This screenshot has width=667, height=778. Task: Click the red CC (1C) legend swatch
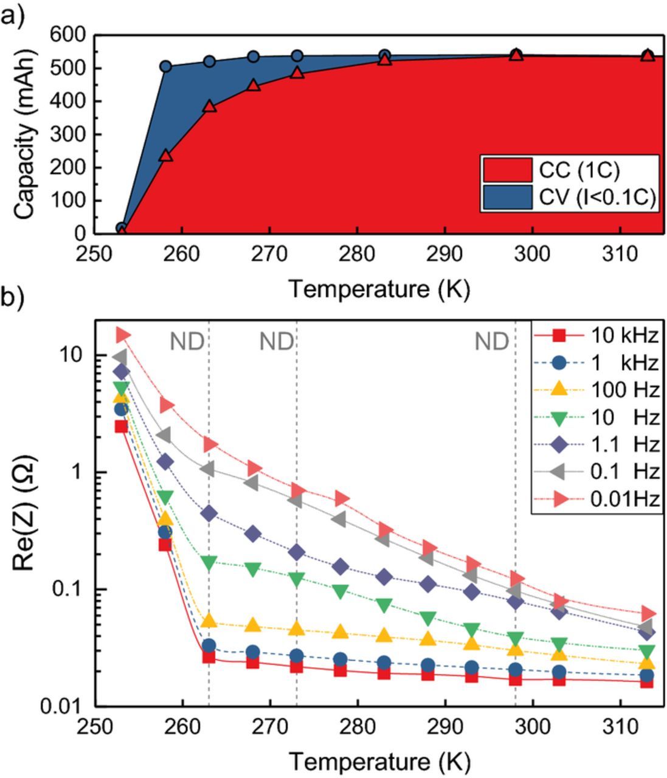(507, 170)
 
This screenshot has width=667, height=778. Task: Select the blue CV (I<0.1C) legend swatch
(507, 198)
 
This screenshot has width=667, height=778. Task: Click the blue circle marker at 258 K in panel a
(165, 66)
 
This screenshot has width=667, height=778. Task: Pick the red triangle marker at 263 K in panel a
(209, 106)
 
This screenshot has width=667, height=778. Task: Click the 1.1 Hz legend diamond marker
(560, 444)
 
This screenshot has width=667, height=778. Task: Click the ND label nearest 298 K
(491, 342)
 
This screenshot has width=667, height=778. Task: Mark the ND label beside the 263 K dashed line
(186, 342)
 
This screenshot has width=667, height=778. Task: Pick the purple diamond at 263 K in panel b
(209, 514)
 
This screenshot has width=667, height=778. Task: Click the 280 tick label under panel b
(358, 728)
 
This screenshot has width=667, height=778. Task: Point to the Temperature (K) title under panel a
(379, 289)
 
